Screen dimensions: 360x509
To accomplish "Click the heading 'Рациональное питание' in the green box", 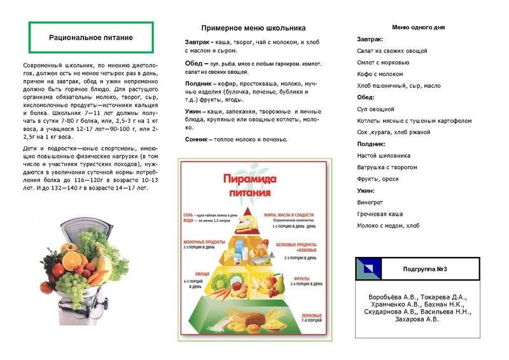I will (x=91, y=38).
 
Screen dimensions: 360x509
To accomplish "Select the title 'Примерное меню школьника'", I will (x=253, y=28).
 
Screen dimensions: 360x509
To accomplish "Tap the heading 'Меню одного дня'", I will (x=418, y=27).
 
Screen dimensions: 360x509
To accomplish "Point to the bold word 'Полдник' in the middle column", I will (x=198, y=83).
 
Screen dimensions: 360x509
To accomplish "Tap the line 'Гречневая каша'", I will (x=380, y=214).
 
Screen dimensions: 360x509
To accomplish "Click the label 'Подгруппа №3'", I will (x=426, y=269).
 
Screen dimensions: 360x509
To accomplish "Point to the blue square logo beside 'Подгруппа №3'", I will (x=369, y=269).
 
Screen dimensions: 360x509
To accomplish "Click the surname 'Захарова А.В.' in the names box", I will (x=418, y=319).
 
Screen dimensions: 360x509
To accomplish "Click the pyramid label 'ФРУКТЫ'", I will (x=304, y=277).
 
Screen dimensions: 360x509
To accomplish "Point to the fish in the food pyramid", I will (x=268, y=255).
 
